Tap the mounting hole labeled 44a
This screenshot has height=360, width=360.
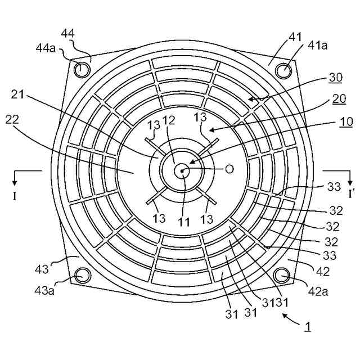coord(83,70)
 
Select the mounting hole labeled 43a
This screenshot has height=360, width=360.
coord(83,275)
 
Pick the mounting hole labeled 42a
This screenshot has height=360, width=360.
coord(282,275)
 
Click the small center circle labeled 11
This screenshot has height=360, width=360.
coord(182,170)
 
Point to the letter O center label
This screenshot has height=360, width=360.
coord(228,169)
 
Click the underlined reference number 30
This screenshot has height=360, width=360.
coord(336,77)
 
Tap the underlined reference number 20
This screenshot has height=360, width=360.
coord(339,99)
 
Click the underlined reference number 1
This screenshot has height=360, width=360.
coord(307,326)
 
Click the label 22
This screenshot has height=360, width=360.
coord(12,119)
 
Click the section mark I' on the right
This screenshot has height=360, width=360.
coord(351,194)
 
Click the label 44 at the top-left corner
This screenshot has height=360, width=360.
coord(68,34)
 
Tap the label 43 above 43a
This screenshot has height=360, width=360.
coord(42,269)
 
